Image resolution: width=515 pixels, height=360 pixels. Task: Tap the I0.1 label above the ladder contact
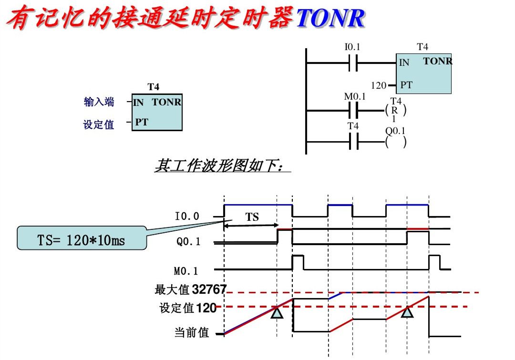(x=352, y=47)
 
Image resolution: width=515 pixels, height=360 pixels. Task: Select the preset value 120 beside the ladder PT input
(x=379, y=85)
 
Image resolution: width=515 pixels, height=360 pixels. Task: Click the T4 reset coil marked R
(x=396, y=111)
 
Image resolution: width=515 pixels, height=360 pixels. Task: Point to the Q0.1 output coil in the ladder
(x=396, y=142)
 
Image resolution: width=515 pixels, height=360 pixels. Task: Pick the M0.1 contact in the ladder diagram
(x=353, y=111)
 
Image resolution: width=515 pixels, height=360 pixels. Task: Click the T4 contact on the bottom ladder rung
(x=353, y=142)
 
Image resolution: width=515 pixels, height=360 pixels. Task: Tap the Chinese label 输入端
(x=99, y=102)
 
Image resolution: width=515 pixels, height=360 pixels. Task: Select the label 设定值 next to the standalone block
(x=99, y=124)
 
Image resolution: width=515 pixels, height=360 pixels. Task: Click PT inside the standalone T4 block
(x=141, y=122)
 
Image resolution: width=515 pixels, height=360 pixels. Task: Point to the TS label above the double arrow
(x=252, y=217)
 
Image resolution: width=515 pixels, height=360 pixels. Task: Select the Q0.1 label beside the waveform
(x=189, y=242)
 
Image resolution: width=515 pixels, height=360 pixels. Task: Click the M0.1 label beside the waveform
(x=186, y=271)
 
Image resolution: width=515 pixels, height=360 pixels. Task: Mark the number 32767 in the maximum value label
(x=209, y=289)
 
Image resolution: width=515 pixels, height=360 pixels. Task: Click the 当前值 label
(x=192, y=332)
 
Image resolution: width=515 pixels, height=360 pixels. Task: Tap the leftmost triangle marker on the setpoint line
(x=277, y=313)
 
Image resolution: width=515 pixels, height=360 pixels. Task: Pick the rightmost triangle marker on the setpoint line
(x=407, y=312)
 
